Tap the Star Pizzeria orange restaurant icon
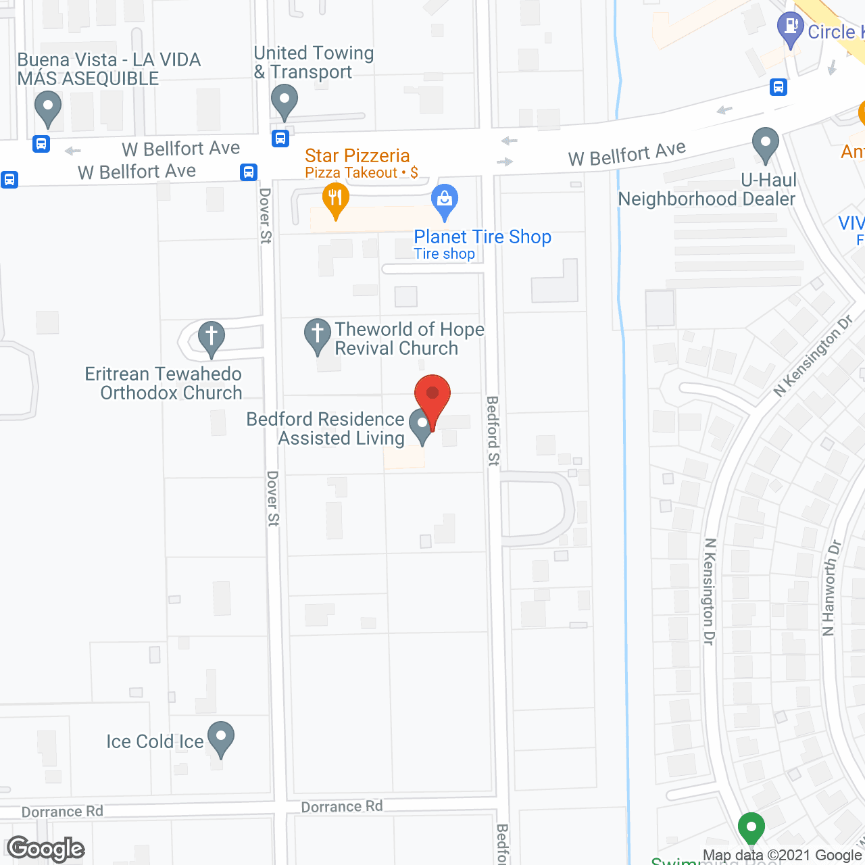[x=335, y=201]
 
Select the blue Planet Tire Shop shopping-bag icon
[x=445, y=201]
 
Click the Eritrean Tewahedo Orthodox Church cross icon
[x=211, y=337]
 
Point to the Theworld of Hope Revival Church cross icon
[x=317, y=335]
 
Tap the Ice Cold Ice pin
[x=220, y=739]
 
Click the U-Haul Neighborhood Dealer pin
[x=766, y=145]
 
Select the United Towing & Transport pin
[x=285, y=101]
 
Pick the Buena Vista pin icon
[x=47, y=107]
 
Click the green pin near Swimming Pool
[x=751, y=828]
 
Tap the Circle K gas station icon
[x=790, y=29]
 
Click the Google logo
[x=46, y=849]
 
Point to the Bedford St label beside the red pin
[x=493, y=430]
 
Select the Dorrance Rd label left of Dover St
[x=62, y=811]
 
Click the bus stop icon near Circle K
[x=778, y=87]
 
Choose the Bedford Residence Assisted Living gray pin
[x=422, y=426]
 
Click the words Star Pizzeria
[x=357, y=155]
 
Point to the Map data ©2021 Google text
[x=782, y=855]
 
